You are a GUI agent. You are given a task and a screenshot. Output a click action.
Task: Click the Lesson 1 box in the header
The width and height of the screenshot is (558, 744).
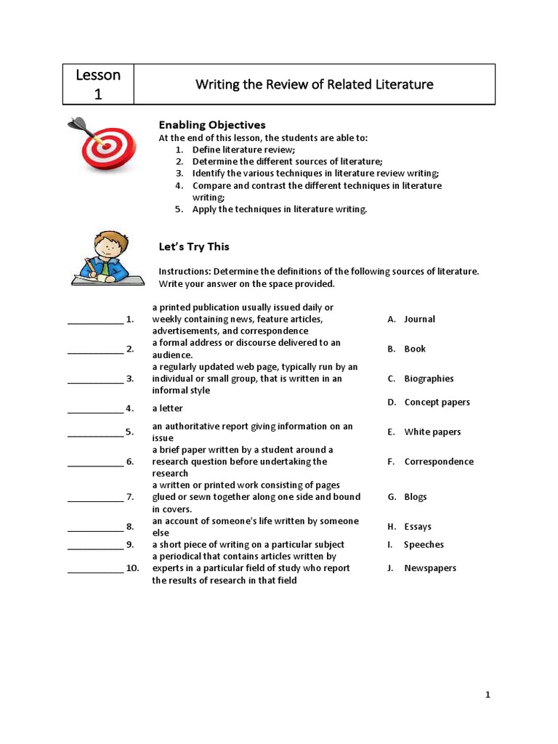[x=98, y=84]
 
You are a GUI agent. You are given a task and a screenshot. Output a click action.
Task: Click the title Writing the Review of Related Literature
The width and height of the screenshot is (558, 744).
[x=314, y=84]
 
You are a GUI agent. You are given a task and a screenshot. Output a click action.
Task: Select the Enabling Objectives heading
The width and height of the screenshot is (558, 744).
[x=212, y=125]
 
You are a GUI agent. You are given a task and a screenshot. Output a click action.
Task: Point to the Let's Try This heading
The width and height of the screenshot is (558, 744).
[x=194, y=246]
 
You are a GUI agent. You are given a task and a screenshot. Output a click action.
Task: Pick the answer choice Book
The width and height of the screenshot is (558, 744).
[x=414, y=349]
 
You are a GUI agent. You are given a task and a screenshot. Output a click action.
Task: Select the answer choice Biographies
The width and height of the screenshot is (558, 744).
[x=428, y=379]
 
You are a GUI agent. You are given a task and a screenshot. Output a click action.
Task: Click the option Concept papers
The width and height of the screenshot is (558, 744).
[x=437, y=402]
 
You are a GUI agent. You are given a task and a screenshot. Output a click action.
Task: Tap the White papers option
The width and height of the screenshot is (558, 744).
[x=432, y=432]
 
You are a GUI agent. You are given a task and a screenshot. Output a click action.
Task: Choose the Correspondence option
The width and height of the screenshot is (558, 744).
[x=438, y=461]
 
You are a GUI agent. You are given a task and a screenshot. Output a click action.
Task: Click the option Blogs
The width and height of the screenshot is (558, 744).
[x=415, y=497]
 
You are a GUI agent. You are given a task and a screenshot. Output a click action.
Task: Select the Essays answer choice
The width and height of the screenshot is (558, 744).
[x=417, y=527]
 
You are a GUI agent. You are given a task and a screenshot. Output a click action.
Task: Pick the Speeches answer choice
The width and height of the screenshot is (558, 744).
[x=423, y=544]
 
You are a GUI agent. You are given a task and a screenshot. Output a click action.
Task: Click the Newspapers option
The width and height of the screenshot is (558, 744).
[x=429, y=568]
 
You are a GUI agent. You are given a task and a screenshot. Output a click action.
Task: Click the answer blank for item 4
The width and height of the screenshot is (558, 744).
[x=95, y=408]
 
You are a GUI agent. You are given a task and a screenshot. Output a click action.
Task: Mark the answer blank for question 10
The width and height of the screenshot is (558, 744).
[x=95, y=568]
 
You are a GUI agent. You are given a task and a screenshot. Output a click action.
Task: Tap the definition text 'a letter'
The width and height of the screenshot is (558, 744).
[x=167, y=408]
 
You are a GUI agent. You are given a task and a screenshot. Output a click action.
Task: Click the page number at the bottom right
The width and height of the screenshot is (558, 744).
[x=488, y=695]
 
